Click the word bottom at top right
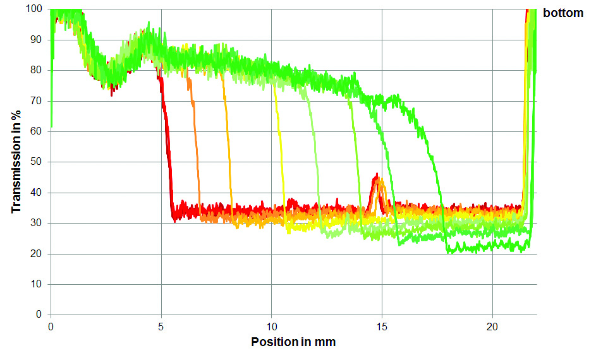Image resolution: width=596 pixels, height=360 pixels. pos(563,13)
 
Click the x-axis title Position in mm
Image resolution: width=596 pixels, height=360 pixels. pos(293,342)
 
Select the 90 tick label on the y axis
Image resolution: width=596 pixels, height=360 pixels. pos(36,40)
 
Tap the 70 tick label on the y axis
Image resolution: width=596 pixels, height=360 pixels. pos(36,101)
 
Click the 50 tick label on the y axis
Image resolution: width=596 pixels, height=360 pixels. pos(36,162)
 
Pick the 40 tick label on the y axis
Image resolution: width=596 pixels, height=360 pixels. pos(36,193)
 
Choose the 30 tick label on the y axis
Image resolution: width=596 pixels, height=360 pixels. pos(36,224)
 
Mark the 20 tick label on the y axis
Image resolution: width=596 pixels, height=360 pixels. pos(36,254)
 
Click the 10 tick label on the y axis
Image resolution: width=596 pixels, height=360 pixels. pos(36,284)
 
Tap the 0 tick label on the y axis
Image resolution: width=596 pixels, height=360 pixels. pos(39,315)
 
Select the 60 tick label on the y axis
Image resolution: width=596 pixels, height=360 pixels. pos(36,131)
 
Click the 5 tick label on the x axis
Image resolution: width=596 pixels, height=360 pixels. pos(161,327)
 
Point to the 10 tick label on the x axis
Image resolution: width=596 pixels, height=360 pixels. pos(271,327)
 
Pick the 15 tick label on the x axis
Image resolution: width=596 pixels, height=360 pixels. pos(382,327)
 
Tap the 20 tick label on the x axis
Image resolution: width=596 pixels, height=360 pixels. pos(492,327)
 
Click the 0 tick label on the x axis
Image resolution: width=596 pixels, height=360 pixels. pos(51,327)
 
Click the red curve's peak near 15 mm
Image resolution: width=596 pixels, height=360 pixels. pos(377,174)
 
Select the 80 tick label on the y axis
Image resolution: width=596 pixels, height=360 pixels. pos(36,70)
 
